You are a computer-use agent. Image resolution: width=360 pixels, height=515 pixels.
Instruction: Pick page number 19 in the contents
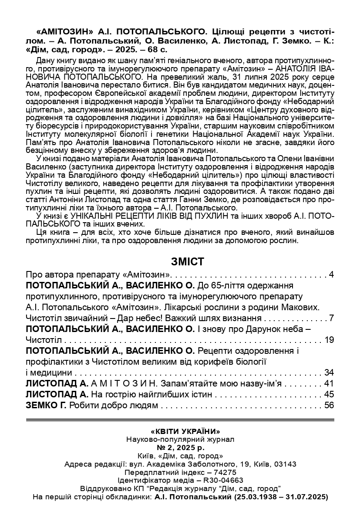click(x=329, y=339)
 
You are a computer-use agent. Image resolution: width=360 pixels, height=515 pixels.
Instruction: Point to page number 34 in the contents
click(x=329, y=373)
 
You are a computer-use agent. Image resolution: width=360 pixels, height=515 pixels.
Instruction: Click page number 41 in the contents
click(x=329, y=384)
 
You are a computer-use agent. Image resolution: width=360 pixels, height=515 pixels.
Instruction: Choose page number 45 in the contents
click(x=329, y=395)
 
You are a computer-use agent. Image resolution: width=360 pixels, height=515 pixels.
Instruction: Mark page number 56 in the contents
click(x=329, y=406)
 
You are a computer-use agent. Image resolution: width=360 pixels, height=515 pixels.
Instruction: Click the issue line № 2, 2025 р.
click(x=180, y=447)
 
